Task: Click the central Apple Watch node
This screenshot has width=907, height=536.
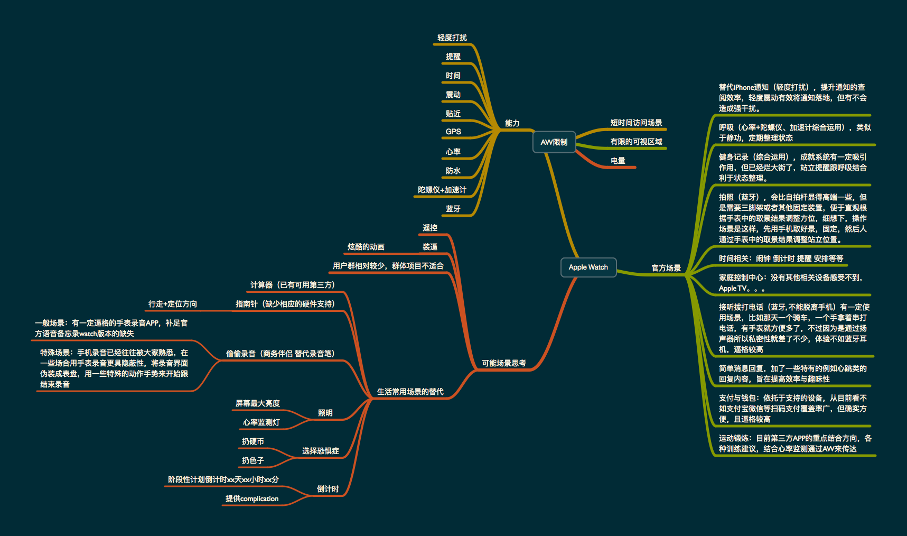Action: click(x=588, y=267)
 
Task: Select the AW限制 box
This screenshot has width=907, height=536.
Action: click(x=554, y=142)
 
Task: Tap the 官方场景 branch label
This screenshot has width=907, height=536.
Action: click(x=666, y=268)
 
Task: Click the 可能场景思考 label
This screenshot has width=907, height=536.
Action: click(x=503, y=363)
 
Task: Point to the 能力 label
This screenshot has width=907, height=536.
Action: click(x=512, y=123)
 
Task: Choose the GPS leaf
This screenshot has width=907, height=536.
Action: click(x=453, y=132)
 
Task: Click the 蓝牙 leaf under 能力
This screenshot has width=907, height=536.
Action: click(x=453, y=209)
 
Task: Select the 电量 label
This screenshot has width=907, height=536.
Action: click(x=618, y=161)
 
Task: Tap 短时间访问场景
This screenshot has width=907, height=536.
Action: click(x=636, y=123)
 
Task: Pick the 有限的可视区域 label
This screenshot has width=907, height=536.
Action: click(x=636, y=142)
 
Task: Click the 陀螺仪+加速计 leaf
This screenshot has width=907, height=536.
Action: click(x=442, y=190)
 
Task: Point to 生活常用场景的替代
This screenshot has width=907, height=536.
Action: click(x=410, y=392)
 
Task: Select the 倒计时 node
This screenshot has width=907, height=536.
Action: click(x=328, y=489)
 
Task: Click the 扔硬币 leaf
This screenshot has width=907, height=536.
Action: click(x=253, y=441)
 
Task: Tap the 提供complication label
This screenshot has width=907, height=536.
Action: click(x=252, y=498)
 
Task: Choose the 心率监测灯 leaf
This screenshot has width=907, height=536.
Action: click(x=261, y=422)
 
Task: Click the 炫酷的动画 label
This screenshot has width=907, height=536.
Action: click(x=366, y=247)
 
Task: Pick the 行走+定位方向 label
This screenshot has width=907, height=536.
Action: click(x=172, y=304)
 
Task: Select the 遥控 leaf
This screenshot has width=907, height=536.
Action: click(x=429, y=228)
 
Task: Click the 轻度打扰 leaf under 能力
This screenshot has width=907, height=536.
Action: click(x=452, y=38)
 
